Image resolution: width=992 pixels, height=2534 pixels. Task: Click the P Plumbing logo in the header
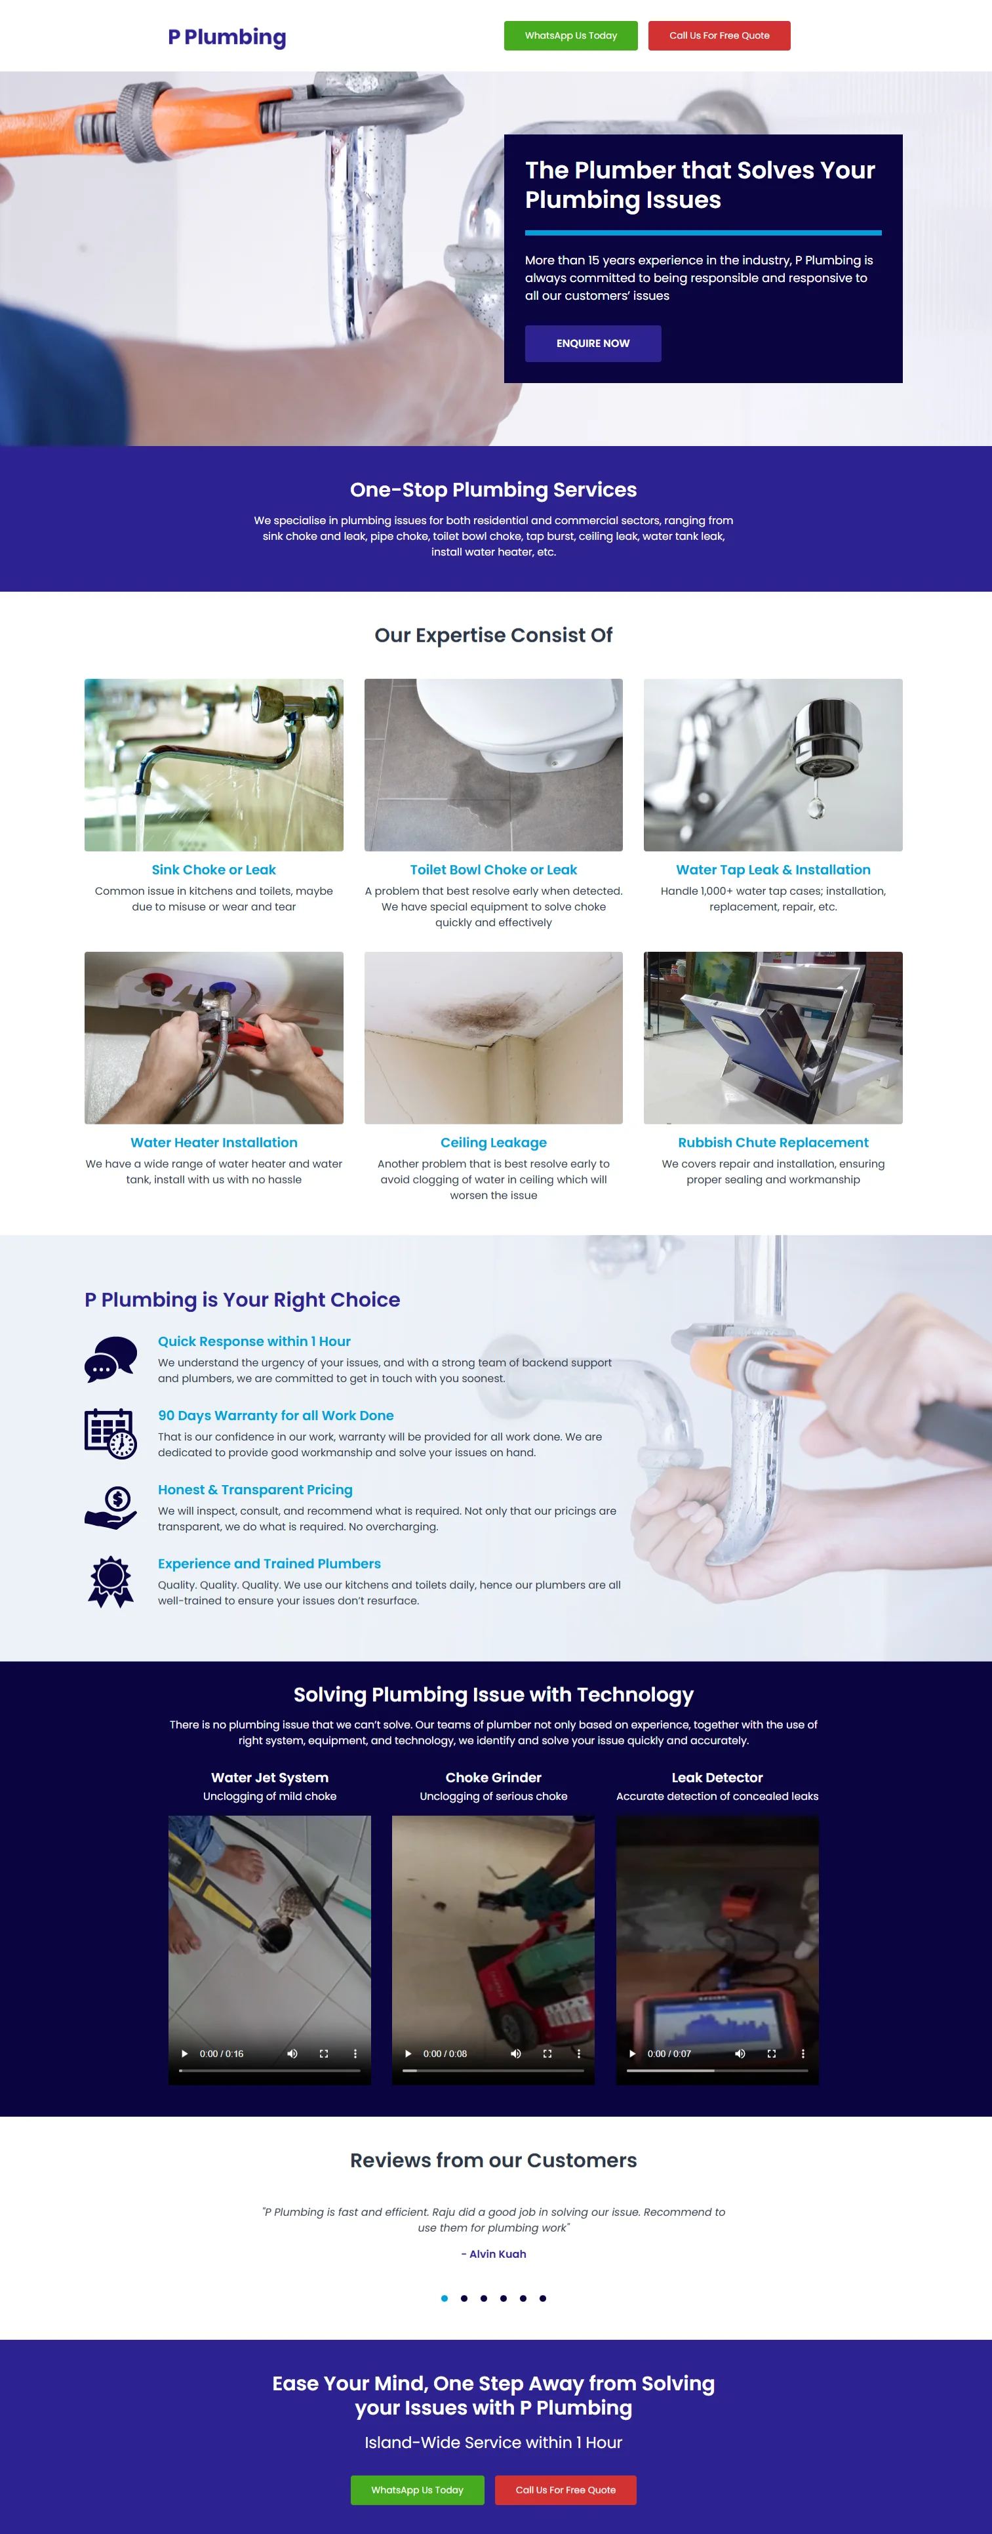click(227, 37)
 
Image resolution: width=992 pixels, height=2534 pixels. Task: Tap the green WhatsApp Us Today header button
click(570, 35)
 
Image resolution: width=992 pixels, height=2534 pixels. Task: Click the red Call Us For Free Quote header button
click(719, 35)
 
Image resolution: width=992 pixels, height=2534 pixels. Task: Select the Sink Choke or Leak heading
click(213, 870)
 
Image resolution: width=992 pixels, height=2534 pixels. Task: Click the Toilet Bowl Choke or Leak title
click(494, 870)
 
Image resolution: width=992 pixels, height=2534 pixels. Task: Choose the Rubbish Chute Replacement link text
click(773, 1142)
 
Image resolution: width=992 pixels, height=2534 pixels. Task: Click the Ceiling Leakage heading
click(494, 1142)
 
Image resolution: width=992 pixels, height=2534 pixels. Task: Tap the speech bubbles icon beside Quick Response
click(110, 1359)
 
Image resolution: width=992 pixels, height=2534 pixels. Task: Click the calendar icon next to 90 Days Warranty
click(110, 1433)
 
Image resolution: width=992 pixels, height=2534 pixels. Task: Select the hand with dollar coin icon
click(110, 1507)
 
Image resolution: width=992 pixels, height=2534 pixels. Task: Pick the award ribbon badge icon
click(110, 1582)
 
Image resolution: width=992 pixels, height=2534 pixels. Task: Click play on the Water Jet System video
click(184, 2053)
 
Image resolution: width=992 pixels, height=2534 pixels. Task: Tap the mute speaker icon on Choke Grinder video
click(515, 2053)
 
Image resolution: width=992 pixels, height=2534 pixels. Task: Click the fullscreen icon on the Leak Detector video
click(772, 2053)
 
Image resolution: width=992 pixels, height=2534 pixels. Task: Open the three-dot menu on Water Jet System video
click(355, 2053)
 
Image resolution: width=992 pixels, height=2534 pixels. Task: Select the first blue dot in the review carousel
click(445, 2298)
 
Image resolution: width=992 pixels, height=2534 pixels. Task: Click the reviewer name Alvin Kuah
click(498, 2254)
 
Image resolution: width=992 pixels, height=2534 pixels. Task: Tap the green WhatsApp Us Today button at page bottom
click(417, 2490)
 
